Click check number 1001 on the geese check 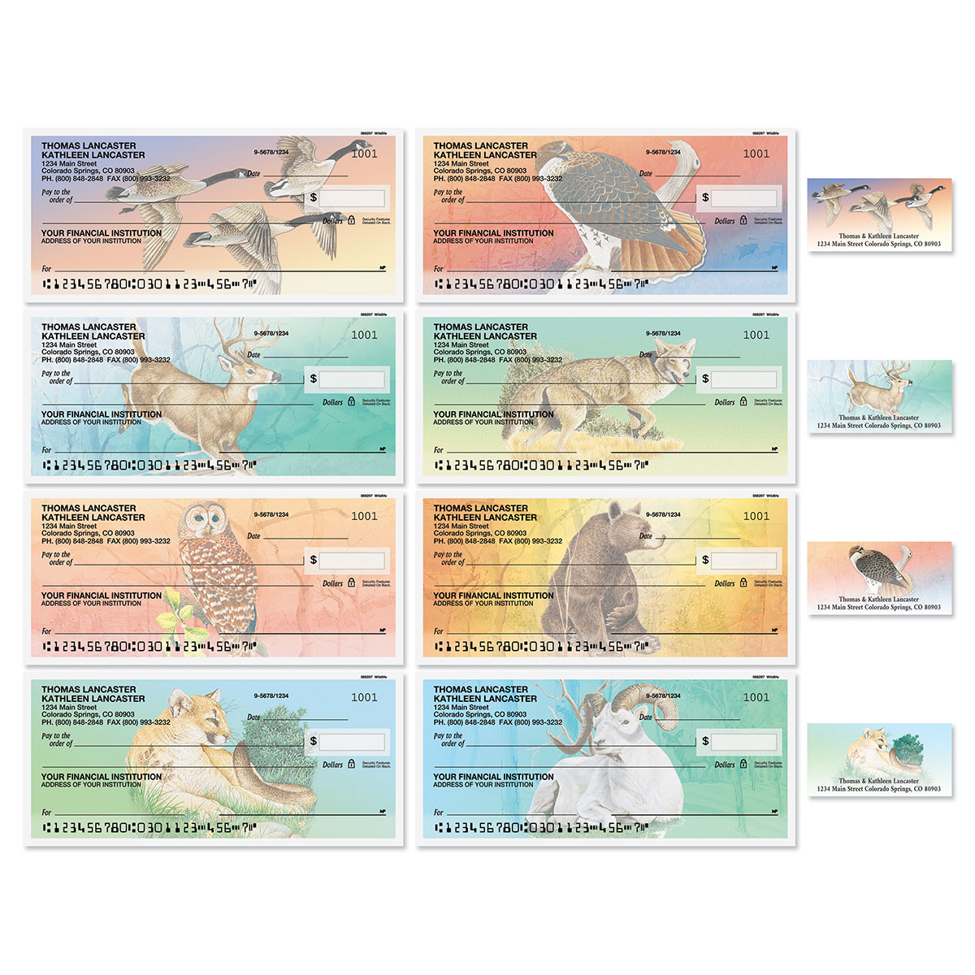pos(364,154)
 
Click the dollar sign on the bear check pos(705,559)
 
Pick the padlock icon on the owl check pos(351,583)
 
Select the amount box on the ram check pos(743,741)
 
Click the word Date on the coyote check pos(646,354)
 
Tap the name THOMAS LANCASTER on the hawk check pos(480,145)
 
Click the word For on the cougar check pos(46,812)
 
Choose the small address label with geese pos(879,215)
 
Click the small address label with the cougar pos(879,759)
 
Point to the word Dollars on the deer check pos(332,402)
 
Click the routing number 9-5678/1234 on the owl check pos(271,514)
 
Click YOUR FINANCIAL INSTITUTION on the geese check pos(102,233)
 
